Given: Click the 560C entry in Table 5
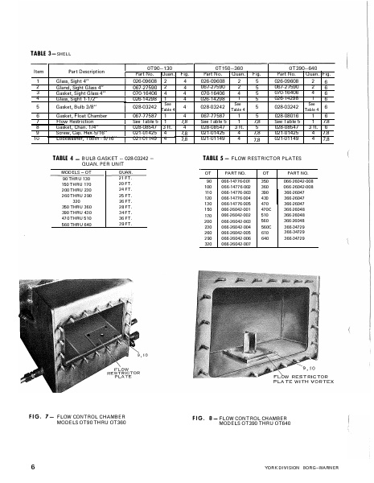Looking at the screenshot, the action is coord(267,228).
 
